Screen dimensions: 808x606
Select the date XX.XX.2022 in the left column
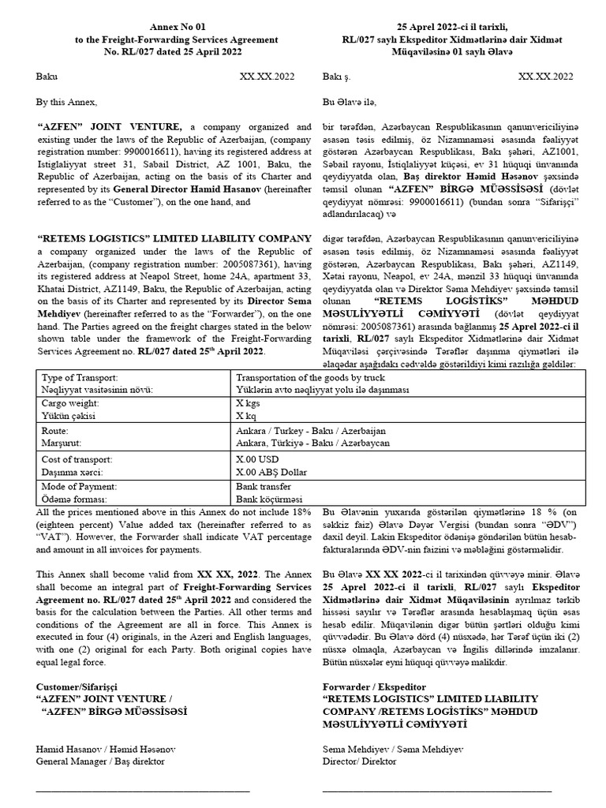tap(267, 77)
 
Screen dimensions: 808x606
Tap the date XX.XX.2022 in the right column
tap(545, 77)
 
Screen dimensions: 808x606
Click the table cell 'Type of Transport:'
tap(78, 378)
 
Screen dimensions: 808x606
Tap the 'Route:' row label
tap(55, 432)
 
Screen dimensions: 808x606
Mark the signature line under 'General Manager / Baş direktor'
tap(143, 788)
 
